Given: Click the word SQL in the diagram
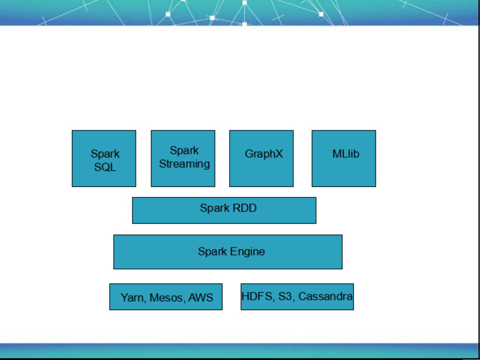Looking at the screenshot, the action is (105, 167).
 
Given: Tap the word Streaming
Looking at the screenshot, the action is (185, 164).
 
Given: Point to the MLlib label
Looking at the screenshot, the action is (346, 154).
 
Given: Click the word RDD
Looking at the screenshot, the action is (244, 208).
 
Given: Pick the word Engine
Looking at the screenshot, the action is (247, 251).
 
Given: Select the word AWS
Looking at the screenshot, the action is (201, 297).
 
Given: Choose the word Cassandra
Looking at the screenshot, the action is (325, 296).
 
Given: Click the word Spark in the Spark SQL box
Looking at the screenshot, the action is (105, 154).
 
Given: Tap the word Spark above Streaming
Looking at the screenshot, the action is (184, 151).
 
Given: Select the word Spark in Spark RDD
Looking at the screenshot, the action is (215, 208).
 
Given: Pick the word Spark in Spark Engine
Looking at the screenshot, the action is (212, 251).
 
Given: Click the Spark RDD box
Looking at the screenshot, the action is (224, 210).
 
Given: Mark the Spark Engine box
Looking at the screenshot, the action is (228, 252).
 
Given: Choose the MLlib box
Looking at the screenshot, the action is (344, 159).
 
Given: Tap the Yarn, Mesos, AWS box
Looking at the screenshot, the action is (166, 297).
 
